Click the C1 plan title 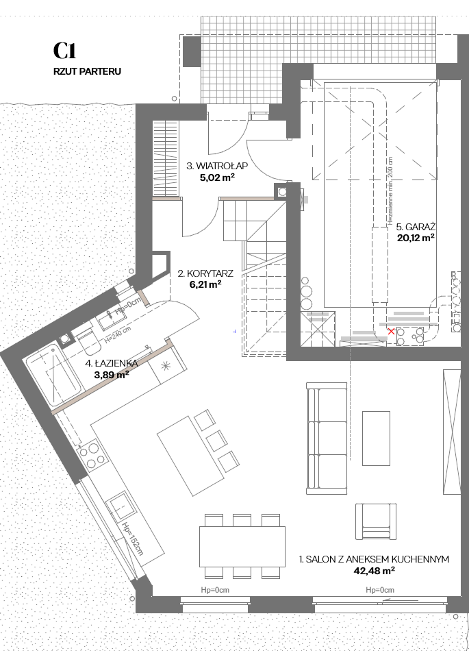point(65,51)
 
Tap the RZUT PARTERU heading point(88,71)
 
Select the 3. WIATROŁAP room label point(217,166)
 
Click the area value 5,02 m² point(217,178)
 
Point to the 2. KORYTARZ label point(205,273)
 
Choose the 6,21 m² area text point(205,285)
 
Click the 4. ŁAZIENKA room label point(111,363)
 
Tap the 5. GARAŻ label point(416,227)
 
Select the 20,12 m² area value point(416,238)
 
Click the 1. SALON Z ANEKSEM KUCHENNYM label point(374,559)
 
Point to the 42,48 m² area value point(374,571)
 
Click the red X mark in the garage point(391,332)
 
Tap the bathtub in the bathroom point(53,375)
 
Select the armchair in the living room point(375,521)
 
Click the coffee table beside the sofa point(376,438)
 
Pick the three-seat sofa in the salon point(327,438)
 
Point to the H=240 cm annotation point(117,334)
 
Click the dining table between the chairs point(242,546)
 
